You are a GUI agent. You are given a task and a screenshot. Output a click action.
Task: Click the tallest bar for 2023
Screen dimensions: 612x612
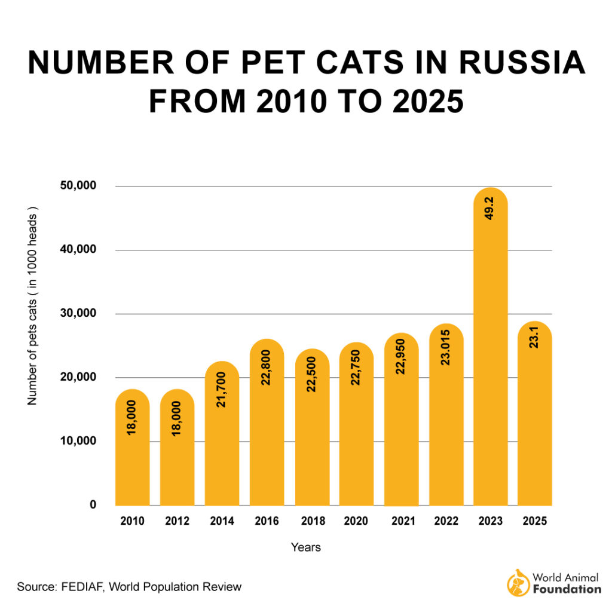490,359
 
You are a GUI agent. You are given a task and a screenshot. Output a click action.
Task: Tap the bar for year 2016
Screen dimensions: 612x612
267,430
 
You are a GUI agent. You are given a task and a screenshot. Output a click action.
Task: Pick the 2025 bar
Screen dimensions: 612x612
535,418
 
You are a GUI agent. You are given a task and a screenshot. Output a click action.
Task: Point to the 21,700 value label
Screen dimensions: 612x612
222,391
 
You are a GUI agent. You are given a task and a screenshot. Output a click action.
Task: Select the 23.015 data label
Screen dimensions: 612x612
446,353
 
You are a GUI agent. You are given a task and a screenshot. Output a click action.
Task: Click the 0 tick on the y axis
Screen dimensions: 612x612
93,505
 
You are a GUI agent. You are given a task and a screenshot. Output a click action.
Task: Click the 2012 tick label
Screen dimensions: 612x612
177,522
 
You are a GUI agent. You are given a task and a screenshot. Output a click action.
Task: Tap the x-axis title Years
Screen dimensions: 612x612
306,547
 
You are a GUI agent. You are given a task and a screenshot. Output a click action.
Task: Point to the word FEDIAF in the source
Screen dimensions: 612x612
85,587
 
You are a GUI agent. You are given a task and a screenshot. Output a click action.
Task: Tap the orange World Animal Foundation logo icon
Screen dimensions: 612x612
518,583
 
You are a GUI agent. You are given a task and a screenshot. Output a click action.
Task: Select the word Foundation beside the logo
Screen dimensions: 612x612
567,589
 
